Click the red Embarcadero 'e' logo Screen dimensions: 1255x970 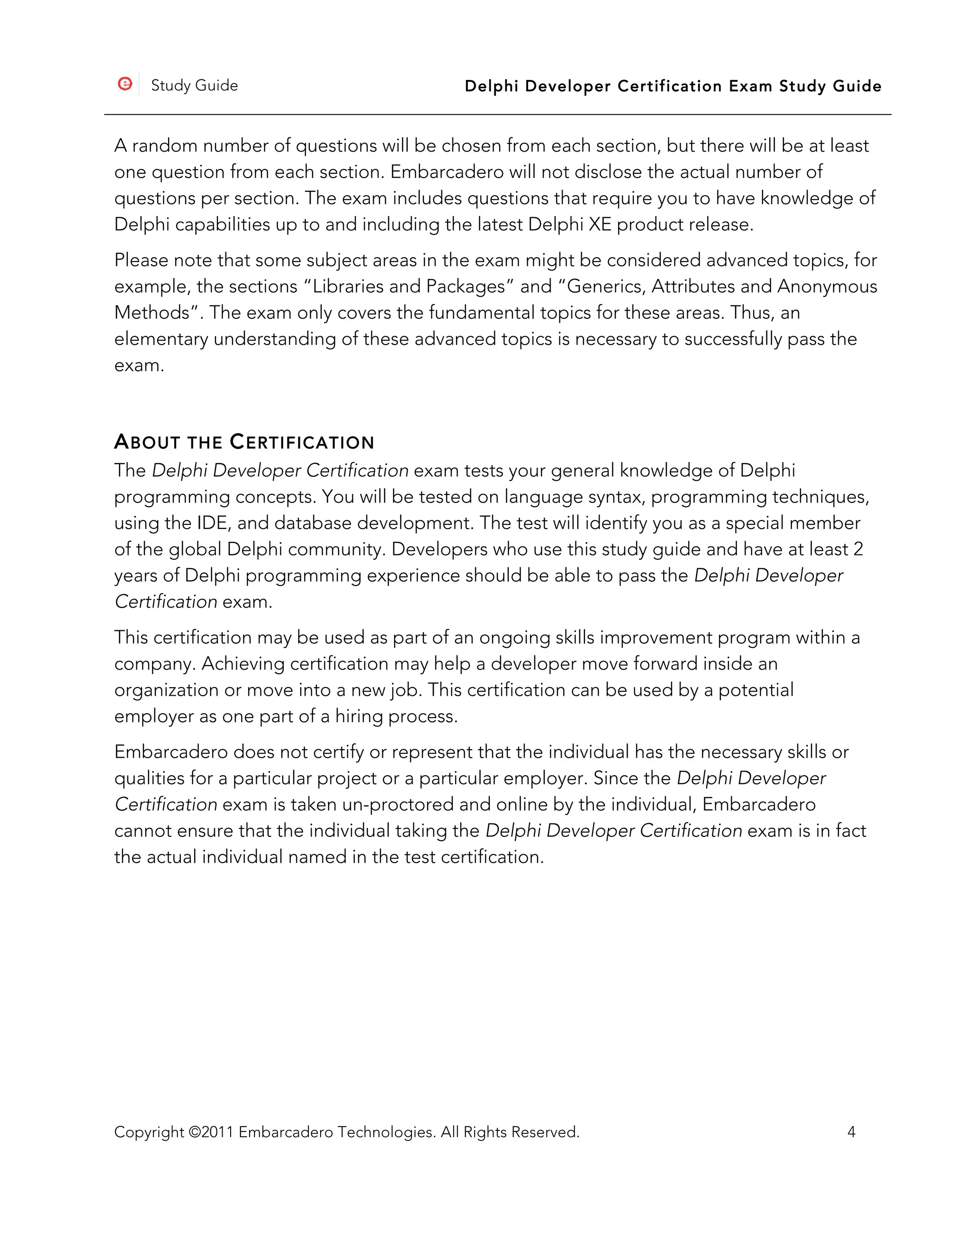pyautogui.click(x=125, y=84)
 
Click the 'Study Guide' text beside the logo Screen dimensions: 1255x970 pyautogui.click(x=194, y=86)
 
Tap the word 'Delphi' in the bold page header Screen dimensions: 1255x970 pyautogui.click(x=491, y=86)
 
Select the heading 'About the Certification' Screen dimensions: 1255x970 pyautogui.click(x=244, y=442)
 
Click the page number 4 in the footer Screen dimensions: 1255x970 pyautogui.click(x=851, y=1132)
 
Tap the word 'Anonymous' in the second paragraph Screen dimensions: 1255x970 pyautogui.click(x=827, y=286)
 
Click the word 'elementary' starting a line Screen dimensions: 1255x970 pyautogui.click(x=161, y=339)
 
